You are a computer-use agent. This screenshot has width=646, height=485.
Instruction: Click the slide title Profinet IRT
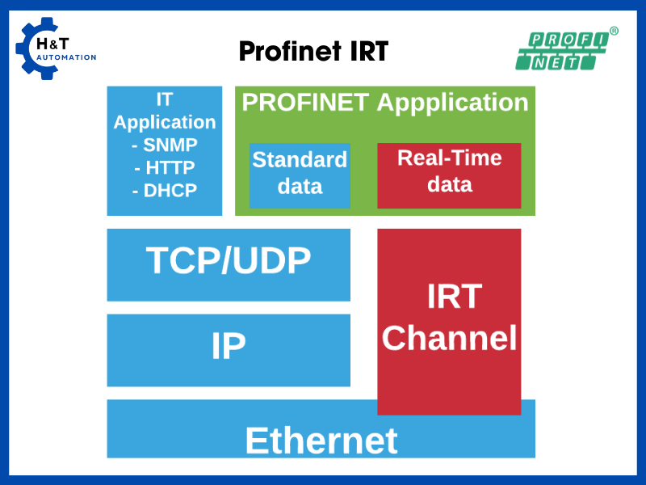313,52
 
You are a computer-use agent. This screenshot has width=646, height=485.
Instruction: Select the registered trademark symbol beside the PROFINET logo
614,31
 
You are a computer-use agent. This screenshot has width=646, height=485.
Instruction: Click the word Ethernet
321,441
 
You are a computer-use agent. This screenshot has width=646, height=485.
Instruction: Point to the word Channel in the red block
449,337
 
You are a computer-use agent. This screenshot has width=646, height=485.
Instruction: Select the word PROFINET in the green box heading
305,103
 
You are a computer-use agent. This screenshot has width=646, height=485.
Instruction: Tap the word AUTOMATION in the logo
66,58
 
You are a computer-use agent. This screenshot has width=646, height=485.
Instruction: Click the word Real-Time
449,158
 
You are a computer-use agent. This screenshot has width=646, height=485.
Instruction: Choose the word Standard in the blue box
300,159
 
